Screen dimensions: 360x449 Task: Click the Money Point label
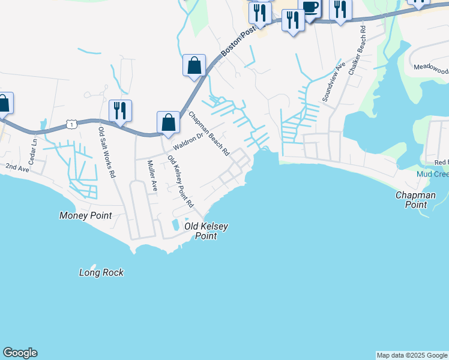click(x=86, y=215)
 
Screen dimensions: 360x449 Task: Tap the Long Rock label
click(x=101, y=272)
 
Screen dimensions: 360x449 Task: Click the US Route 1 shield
click(x=71, y=124)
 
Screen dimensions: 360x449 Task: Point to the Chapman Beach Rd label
click(x=209, y=134)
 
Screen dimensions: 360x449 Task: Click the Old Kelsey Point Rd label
click(x=181, y=182)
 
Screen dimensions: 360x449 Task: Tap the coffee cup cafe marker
click(x=310, y=8)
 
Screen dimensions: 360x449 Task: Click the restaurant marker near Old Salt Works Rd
click(x=120, y=110)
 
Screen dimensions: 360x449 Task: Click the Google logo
click(x=20, y=353)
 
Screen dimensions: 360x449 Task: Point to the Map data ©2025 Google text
click(x=411, y=355)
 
